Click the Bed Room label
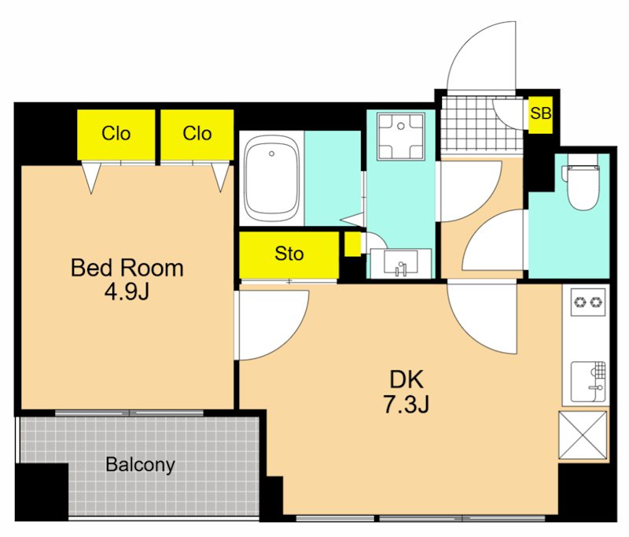(x=127, y=268)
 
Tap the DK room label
(x=406, y=379)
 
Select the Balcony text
(x=140, y=465)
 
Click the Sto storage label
(x=289, y=254)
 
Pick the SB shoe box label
(x=540, y=113)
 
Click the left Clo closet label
(x=116, y=133)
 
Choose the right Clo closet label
(x=197, y=133)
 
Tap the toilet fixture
(x=583, y=187)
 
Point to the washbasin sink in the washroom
(x=400, y=263)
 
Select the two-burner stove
(x=588, y=302)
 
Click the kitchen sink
(x=588, y=382)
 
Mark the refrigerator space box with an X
(x=583, y=435)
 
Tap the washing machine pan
(x=401, y=136)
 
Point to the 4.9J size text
(x=127, y=292)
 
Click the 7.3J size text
(x=406, y=404)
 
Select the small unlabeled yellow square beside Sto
(x=352, y=244)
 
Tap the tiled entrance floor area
(x=481, y=127)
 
